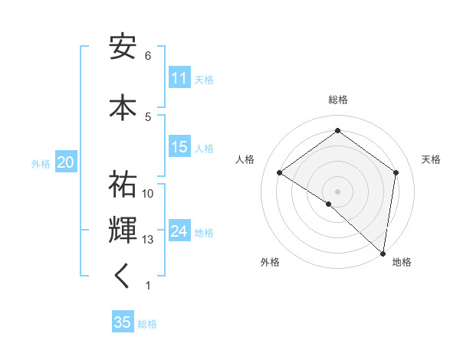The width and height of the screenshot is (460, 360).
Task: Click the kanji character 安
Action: click(123, 47)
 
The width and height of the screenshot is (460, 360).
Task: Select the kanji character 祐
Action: click(123, 185)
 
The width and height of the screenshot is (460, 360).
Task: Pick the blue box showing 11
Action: click(179, 78)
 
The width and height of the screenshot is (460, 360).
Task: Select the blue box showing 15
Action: click(179, 147)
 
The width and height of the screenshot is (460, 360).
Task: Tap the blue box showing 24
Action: click(179, 231)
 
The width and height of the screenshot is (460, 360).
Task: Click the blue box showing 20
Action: click(65, 162)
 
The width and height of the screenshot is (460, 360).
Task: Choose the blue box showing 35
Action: click(123, 322)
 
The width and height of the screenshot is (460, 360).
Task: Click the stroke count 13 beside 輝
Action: click(148, 240)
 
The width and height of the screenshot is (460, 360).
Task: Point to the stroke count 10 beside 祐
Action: click(148, 194)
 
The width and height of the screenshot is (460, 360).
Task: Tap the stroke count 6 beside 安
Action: click(148, 56)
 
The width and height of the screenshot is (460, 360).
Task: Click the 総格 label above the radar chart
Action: click(337, 100)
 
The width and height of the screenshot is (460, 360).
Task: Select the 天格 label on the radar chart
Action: click(431, 159)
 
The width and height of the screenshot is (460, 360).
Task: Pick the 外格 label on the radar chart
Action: click(270, 262)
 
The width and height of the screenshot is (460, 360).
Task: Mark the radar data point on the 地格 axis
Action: click(383, 252)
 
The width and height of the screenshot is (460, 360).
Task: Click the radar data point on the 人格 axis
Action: click(280, 173)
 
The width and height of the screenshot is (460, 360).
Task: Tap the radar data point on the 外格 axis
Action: click(328, 204)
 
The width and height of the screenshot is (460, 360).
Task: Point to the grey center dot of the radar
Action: click(337, 191)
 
